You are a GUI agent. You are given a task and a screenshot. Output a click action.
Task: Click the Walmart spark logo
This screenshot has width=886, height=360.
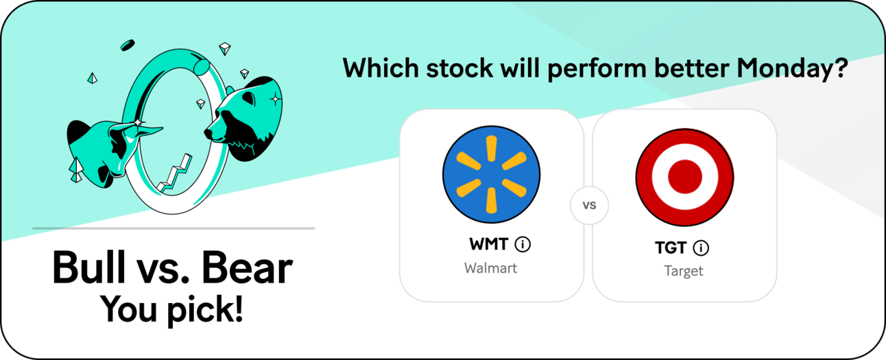[x=491, y=174]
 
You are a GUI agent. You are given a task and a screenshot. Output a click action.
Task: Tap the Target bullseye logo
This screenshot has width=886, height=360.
[x=684, y=177]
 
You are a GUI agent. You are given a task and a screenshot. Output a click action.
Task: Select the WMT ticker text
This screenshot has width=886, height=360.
[x=489, y=244]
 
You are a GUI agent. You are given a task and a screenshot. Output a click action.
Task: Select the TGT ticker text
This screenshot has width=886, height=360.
[x=671, y=248]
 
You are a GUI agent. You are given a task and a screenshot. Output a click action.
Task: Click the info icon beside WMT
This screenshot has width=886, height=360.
[x=523, y=244]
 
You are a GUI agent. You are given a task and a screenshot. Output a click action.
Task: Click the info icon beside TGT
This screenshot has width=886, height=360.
[x=701, y=248]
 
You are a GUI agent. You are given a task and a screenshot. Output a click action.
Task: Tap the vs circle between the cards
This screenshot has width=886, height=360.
[x=589, y=205]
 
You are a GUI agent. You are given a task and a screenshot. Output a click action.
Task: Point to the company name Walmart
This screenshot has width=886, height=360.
[x=490, y=268]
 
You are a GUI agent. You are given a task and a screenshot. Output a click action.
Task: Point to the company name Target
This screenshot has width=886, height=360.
[x=684, y=272]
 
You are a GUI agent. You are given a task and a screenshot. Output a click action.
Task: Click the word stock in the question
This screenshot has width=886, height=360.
[x=459, y=68]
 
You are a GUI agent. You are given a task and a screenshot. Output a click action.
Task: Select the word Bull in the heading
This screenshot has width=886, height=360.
[x=88, y=268]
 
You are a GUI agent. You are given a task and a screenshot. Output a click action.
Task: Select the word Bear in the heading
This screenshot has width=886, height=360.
[x=247, y=268]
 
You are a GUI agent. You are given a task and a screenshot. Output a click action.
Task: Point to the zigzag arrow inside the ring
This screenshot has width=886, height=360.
[x=174, y=174]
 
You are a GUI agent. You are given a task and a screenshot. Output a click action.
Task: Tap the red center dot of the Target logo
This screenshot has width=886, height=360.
[x=684, y=177]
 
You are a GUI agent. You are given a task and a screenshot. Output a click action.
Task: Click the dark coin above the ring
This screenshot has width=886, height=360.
[x=128, y=45]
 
